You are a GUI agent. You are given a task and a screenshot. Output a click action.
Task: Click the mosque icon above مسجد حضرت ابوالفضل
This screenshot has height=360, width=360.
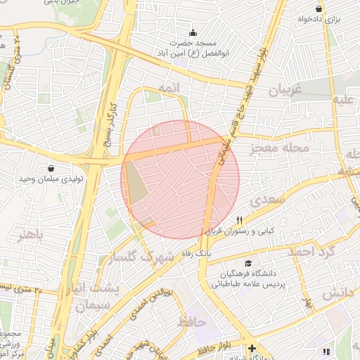click(193, 32)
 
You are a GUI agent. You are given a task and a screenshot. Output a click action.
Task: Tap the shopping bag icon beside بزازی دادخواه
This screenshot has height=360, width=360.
click(319, 8)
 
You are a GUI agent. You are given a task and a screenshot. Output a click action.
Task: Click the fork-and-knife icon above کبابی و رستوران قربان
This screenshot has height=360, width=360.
click(240, 220)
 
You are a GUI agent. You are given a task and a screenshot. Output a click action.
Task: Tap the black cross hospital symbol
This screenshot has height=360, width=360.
click(252, 349)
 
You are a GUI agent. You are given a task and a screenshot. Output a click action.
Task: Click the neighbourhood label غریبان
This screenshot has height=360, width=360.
click(285, 91)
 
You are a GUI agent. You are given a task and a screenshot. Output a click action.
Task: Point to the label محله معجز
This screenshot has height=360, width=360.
click(280, 148)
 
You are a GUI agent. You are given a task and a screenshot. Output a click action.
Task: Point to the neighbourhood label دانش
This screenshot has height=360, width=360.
click(336, 295)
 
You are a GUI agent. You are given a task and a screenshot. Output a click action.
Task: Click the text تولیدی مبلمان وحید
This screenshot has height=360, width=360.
click(51, 180)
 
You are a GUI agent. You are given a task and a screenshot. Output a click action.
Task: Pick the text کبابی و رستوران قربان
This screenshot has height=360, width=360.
click(243, 231)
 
